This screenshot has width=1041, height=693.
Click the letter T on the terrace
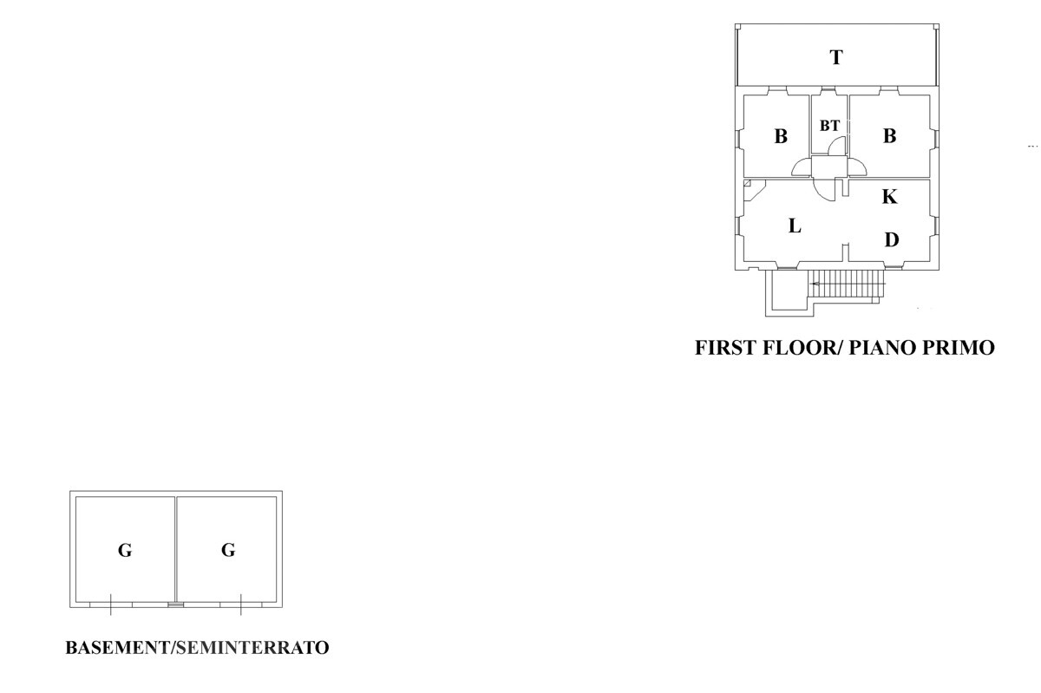(x=835, y=58)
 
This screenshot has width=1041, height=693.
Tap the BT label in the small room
(x=829, y=126)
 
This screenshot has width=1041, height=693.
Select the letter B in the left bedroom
(x=781, y=136)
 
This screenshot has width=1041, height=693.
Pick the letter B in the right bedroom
(x=889, y=136)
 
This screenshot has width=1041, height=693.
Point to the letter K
(x=889, y=197)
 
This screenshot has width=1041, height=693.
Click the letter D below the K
(x=891, y=239)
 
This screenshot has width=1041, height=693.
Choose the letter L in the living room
(x=794, y=226)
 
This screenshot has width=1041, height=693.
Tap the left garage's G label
(x=125, y=550)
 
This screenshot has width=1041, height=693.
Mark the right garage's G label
(x=228, y=550)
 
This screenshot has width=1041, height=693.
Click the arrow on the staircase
(x=815, y=284)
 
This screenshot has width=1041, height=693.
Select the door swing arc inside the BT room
(x=835, y=147)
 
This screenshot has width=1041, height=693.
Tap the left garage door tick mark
(x=111, y=605)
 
